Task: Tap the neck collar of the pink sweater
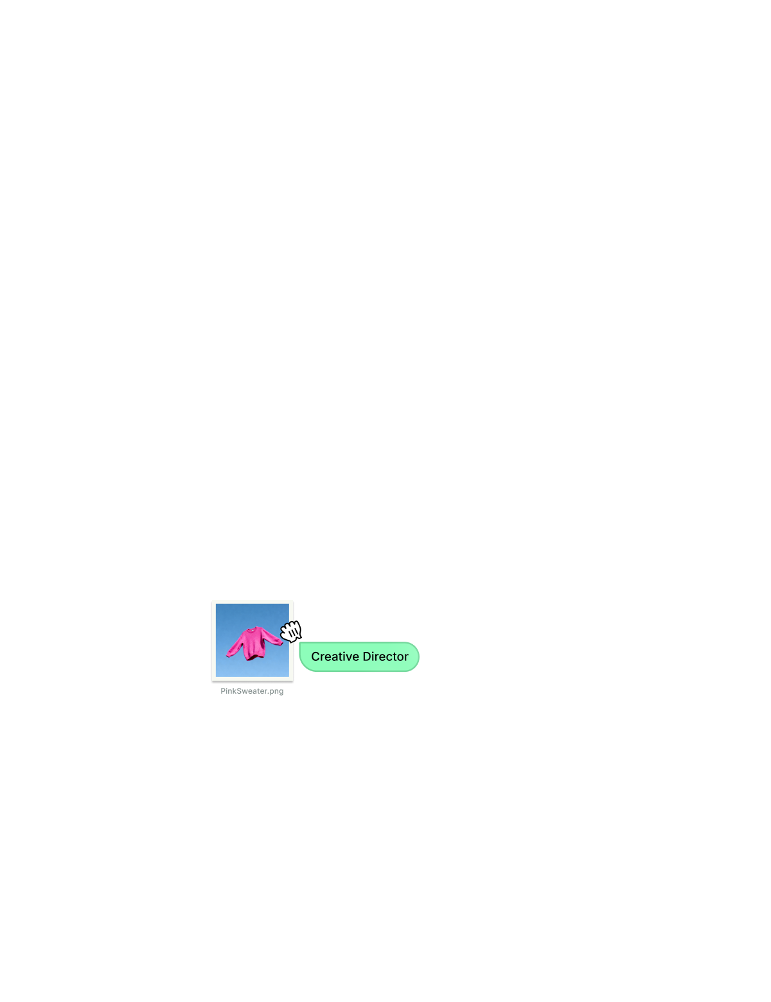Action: [x=253, y=629]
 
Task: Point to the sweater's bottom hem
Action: [x=254, y=657]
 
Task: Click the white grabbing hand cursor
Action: [x=291, y=631]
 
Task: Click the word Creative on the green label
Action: [x=334, y=656]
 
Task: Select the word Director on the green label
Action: [x=387, y=656]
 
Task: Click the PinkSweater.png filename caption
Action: [x=252, y=691]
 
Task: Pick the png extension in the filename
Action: [x=276, y=692]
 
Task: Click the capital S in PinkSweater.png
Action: [x=240, y=691]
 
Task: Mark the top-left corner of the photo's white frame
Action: [x=213, y=601]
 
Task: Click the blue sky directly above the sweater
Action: [x=252, y=614]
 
